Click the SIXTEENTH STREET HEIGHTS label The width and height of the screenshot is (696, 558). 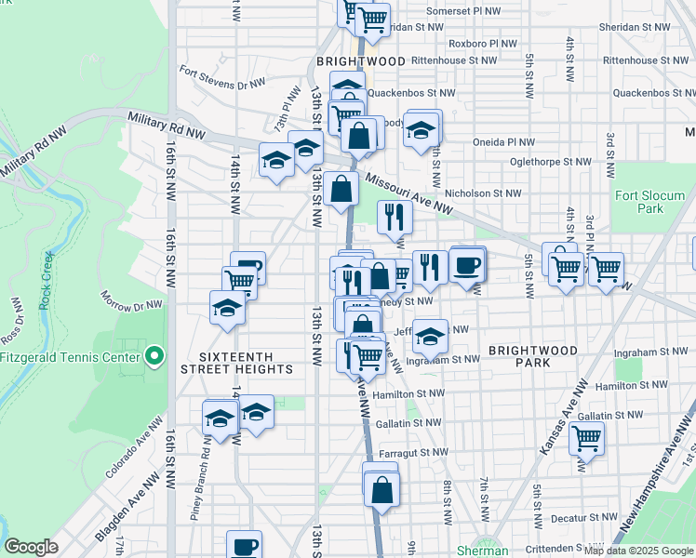click(247, 363)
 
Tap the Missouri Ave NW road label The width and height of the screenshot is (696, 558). click(408, 196)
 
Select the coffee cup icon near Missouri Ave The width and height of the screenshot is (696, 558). click(467, 265)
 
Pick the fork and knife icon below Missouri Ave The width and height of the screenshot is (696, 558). click(395, 216)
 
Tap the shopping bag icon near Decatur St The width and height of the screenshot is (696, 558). click(381, 488)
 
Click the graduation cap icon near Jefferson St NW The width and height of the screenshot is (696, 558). click(430, 335)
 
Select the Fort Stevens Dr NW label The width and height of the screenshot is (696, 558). click(223, 77)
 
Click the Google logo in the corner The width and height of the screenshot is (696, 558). click(32, 547)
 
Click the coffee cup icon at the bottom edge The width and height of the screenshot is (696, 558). click(245, 546)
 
